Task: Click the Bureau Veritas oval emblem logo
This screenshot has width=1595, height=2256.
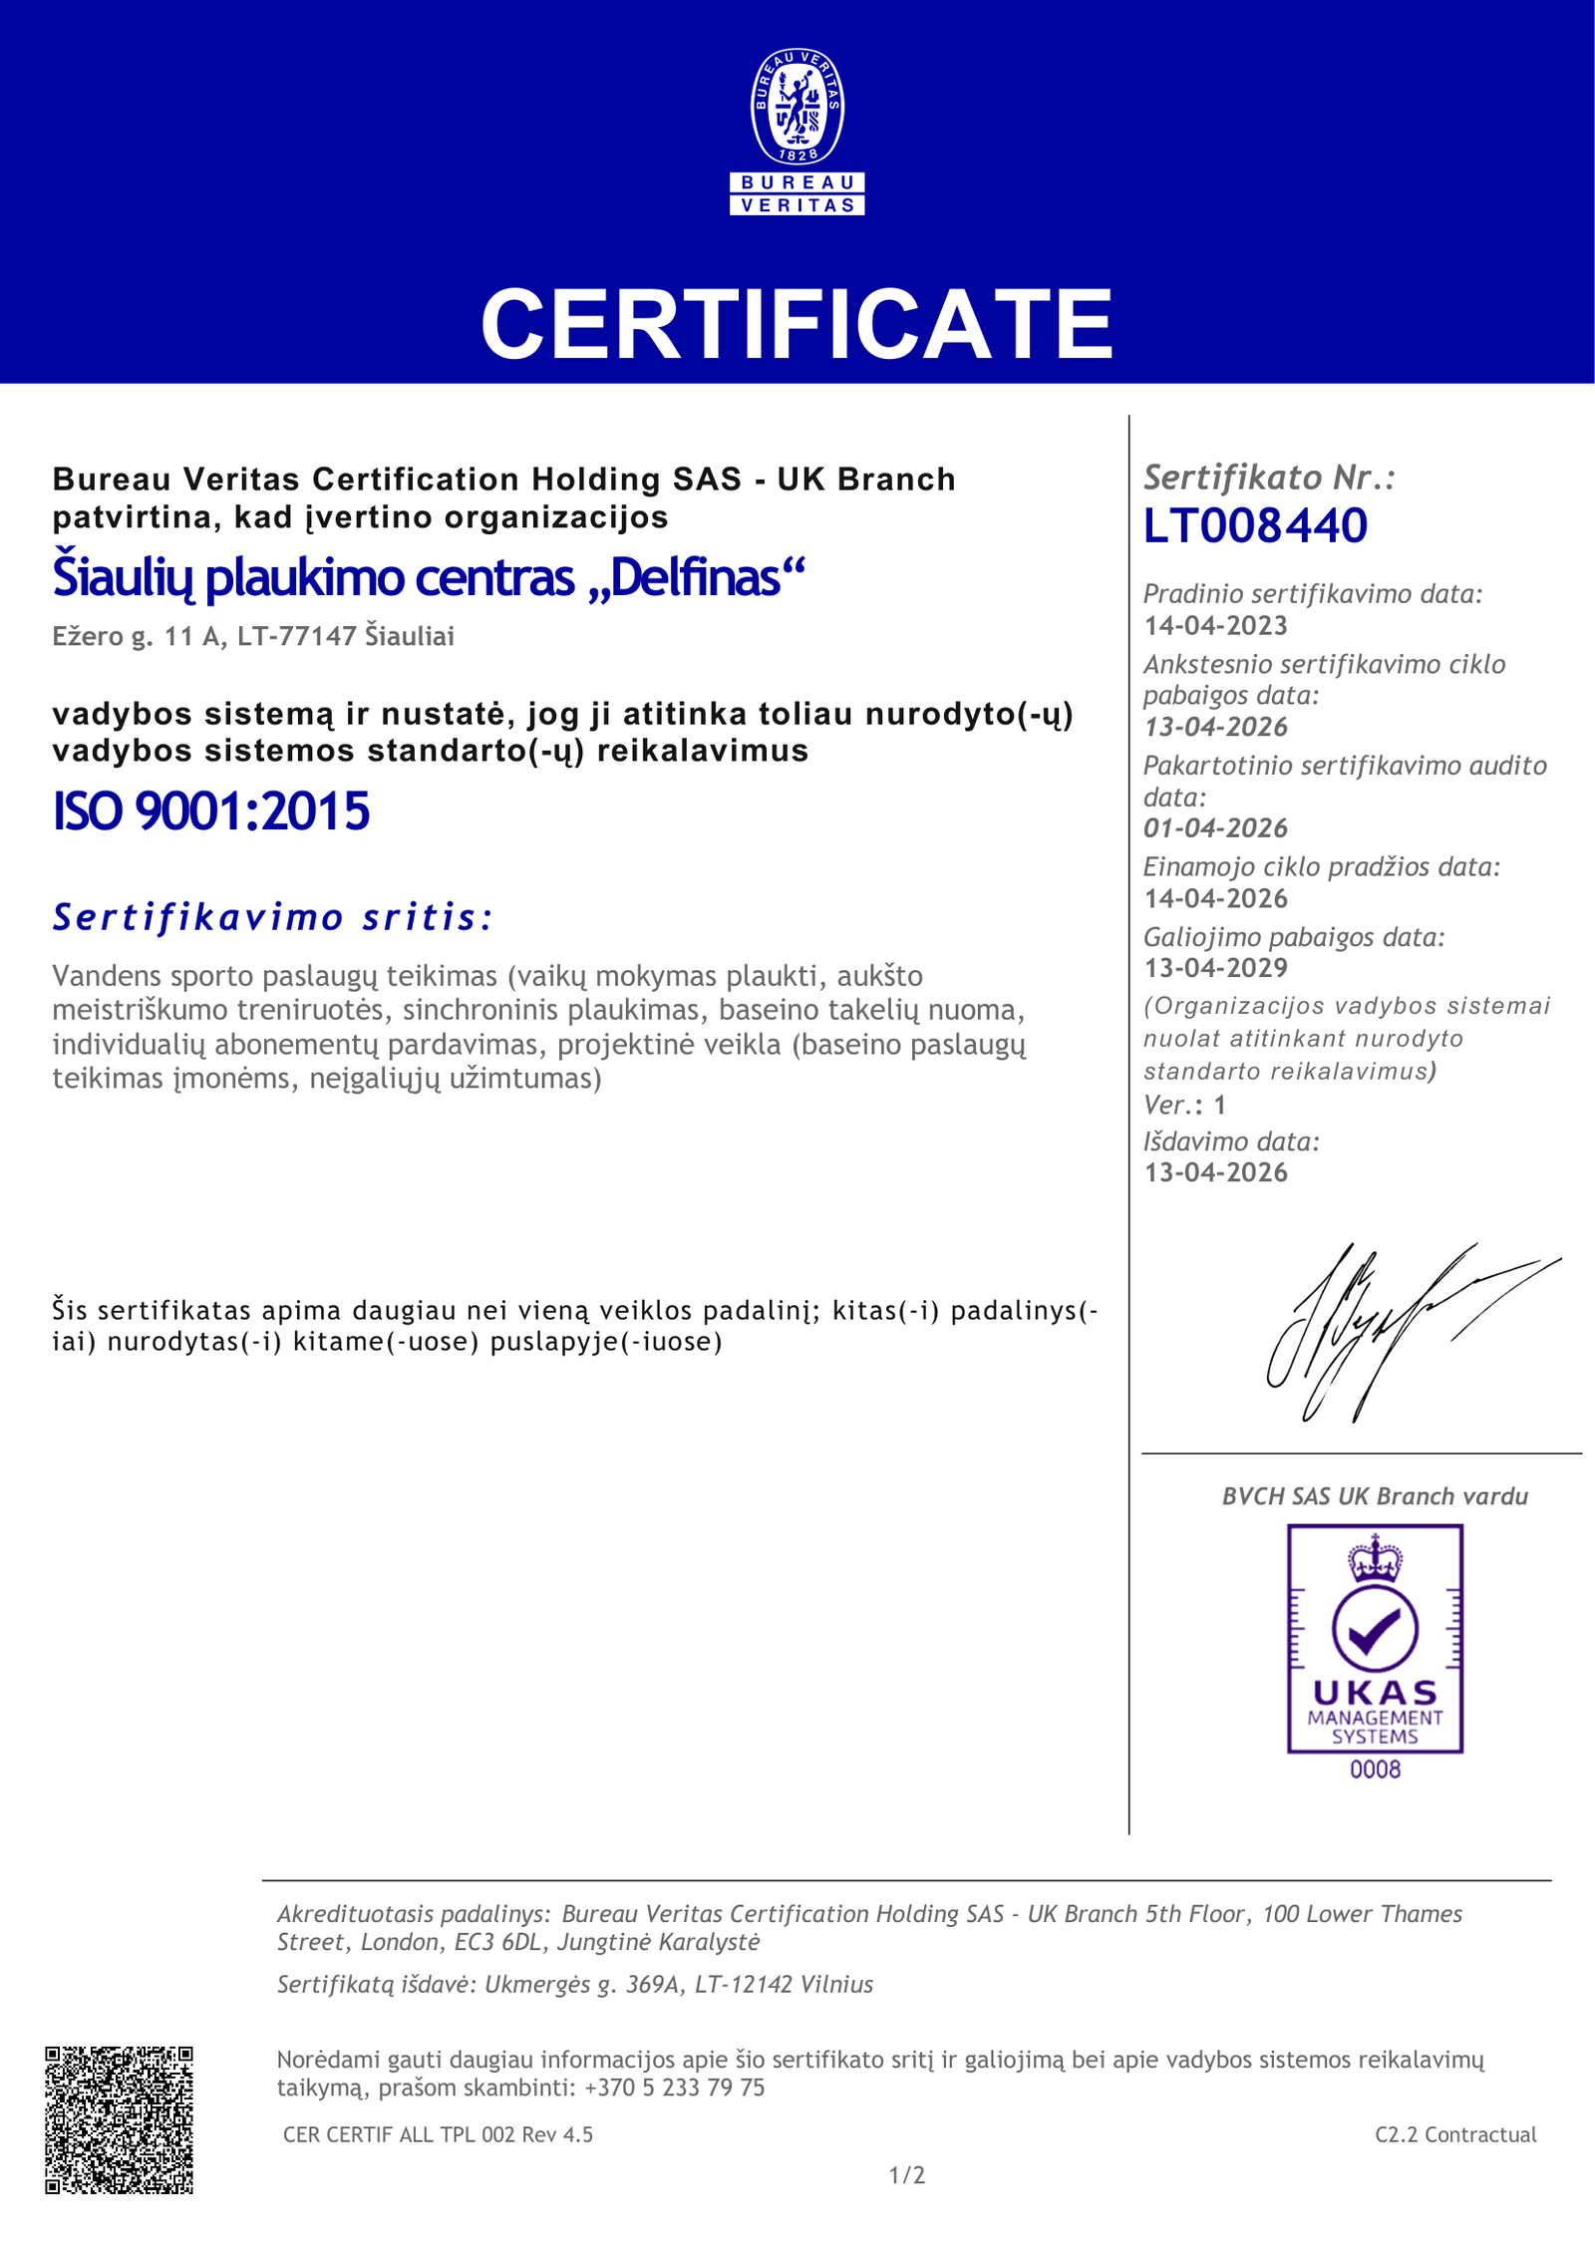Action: (797, 107)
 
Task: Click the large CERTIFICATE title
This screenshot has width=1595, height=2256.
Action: (797, 324)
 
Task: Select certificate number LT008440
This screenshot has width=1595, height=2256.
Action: (1255, 525)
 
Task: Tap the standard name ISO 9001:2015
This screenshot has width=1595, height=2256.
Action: (211, 811)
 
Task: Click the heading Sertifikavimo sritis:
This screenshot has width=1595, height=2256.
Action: (273, 917)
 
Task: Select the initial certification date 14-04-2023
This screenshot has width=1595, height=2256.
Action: (1215, 626)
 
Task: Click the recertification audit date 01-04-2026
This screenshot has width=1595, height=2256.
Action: (1215, 828)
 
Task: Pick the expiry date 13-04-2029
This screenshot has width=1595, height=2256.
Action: (1215, 968)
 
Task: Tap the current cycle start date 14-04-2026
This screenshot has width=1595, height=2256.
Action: (1215, 899)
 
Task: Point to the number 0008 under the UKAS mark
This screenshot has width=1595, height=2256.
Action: (1375, 1770)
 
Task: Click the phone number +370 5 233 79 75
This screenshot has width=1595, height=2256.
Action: (674, 2088)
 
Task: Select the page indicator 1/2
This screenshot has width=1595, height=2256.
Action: (907, 2175)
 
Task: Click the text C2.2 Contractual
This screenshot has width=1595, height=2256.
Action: (1455, 2134)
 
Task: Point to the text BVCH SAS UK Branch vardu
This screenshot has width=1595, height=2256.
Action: (1375, 1496)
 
